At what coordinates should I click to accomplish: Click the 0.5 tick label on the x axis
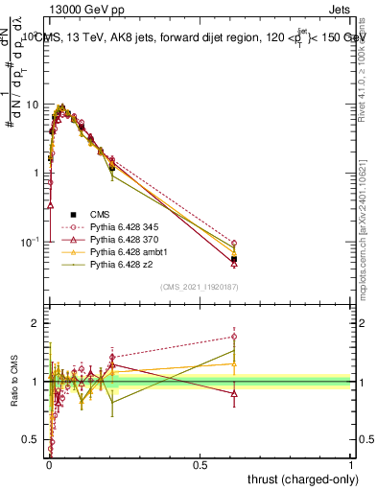coord(200,465)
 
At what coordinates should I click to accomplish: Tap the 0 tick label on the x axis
coord(49,465)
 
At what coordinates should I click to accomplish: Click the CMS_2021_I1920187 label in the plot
coord(199,286)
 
